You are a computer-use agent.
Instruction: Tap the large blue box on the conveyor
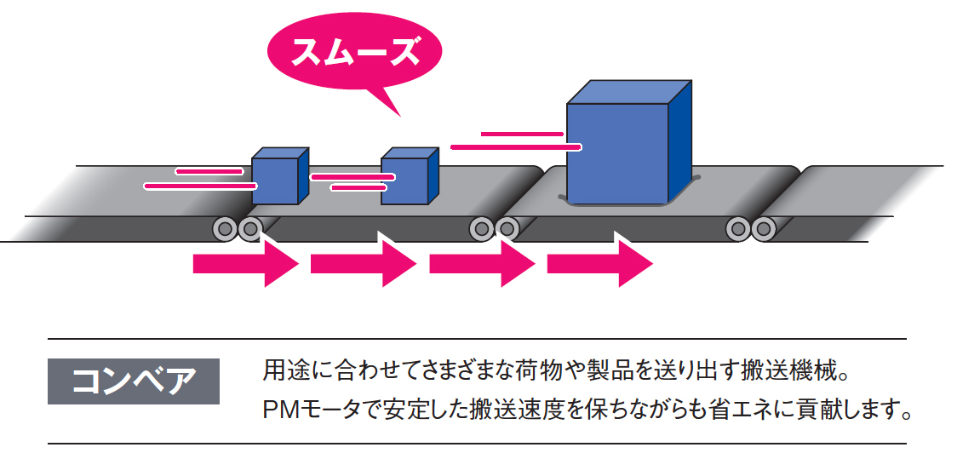point(617,153)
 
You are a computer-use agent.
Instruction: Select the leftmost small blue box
point(275,181)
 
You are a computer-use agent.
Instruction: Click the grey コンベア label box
point(134,381)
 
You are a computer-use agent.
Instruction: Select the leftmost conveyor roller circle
point(226,228)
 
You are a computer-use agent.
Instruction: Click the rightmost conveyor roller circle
point(763,228)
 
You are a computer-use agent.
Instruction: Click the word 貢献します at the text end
point(851,410)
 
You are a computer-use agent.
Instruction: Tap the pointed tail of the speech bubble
point(393,106)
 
